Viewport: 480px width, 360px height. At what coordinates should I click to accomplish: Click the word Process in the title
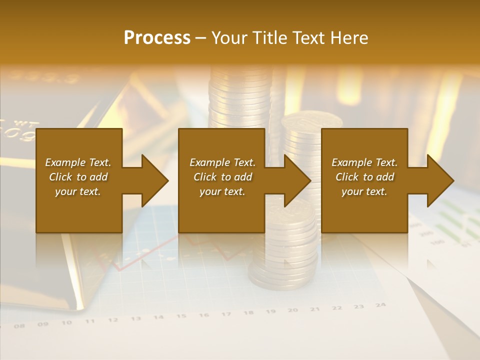157,38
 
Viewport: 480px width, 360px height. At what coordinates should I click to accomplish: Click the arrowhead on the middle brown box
297,180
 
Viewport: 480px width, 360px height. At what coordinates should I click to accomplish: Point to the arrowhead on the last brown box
440,180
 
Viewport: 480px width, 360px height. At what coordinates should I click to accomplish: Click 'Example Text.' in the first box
78,162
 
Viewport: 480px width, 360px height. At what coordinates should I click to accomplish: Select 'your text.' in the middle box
222,191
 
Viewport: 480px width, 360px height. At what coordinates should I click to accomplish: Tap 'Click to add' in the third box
364,177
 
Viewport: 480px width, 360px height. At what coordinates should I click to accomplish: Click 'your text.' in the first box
78,191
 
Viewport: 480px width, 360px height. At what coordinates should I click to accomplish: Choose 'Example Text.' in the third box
364,162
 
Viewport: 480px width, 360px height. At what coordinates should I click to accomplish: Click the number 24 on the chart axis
381,304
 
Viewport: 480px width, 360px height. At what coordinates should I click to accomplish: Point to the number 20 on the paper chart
293,310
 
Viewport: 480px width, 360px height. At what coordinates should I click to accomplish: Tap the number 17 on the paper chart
226,314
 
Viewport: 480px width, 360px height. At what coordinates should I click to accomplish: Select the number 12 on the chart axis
113,319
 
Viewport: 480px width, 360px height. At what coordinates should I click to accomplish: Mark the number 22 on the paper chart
337,307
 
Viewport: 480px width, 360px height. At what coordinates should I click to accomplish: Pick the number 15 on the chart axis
181,316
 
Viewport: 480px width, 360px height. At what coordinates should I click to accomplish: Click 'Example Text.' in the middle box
222,162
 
